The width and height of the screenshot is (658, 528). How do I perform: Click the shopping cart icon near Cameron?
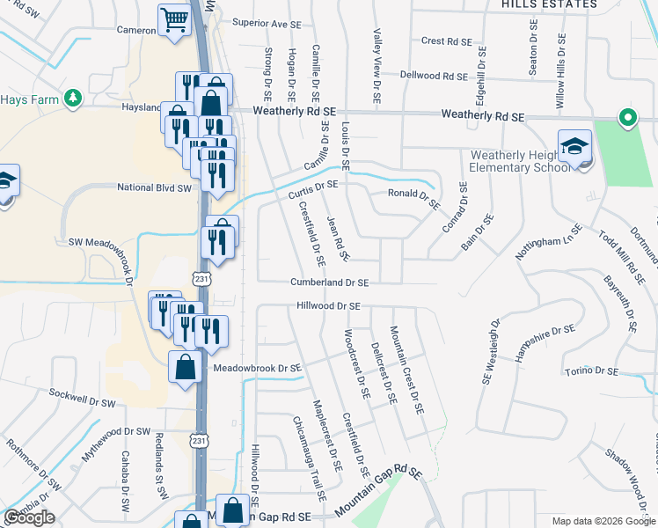click(174, 19)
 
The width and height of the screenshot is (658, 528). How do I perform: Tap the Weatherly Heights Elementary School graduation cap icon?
click(574, 147)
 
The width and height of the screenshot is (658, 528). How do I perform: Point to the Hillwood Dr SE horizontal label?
click(329, 306)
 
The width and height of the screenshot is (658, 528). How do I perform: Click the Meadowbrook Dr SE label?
click(258, 368)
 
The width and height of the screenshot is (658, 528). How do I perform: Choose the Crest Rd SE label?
click(445, 40)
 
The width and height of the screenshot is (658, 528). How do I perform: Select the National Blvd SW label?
click(154, 187)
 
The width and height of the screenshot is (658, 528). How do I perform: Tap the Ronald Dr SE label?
click(413, 198)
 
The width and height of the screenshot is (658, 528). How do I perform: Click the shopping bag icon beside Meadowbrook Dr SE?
click(186, 367)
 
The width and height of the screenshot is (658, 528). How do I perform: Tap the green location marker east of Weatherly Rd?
click(627, 118)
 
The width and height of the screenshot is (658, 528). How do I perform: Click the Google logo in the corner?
click(29, 517)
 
